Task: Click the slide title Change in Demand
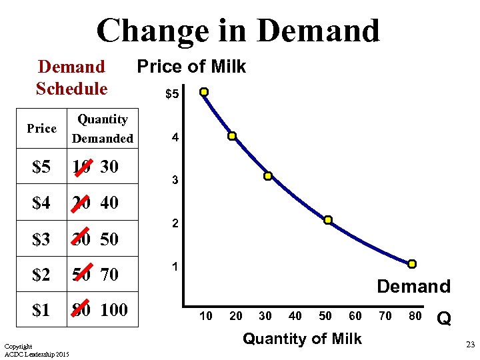[238, 31]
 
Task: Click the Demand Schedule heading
[71, 77]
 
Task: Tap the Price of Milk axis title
[191, 67]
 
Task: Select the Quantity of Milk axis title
[302, 339]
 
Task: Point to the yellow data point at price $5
[204, 92]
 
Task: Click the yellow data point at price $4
[232, 136]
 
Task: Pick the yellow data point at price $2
[328, 220]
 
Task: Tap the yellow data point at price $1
[412, 264]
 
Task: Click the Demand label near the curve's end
[413, 287]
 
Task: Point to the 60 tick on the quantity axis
[355, 316]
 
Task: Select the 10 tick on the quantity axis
[207, 316]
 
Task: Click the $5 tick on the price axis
[172, 95]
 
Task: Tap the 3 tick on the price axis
[175, 181]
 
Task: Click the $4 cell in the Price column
[41, 203]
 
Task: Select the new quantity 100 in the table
[114, 310]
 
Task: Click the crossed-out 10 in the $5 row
[82, 167]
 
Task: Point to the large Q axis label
[443, 319]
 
